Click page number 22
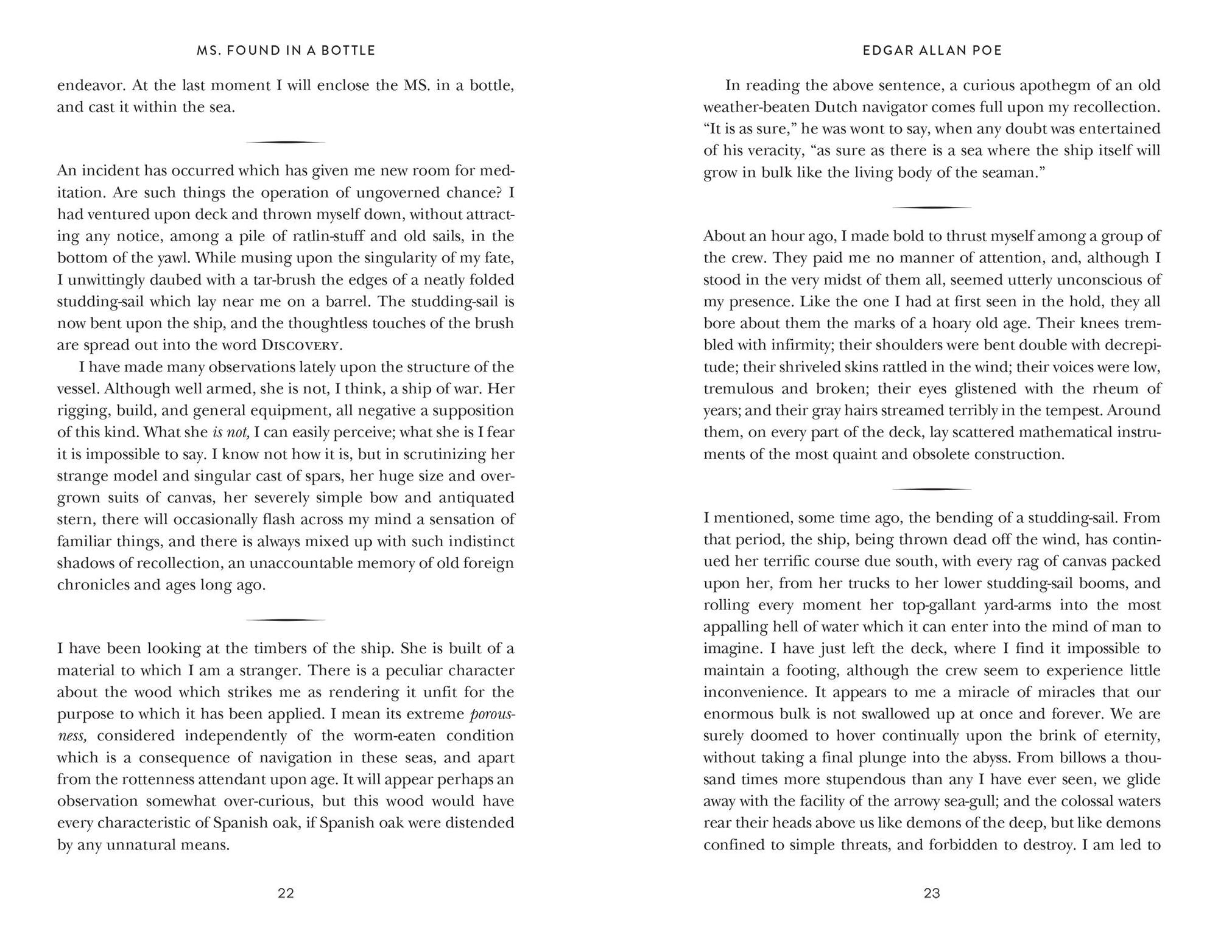pyautogui.click(x=286, y=893)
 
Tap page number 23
pyautogui.click(x=932, y=893)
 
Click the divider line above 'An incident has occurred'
pyautogui.click(x=286, y=142)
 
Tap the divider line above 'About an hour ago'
pyautogui.click(x=932, y=208)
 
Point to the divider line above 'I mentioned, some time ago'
pyautogui.click(x=932, y=489)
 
